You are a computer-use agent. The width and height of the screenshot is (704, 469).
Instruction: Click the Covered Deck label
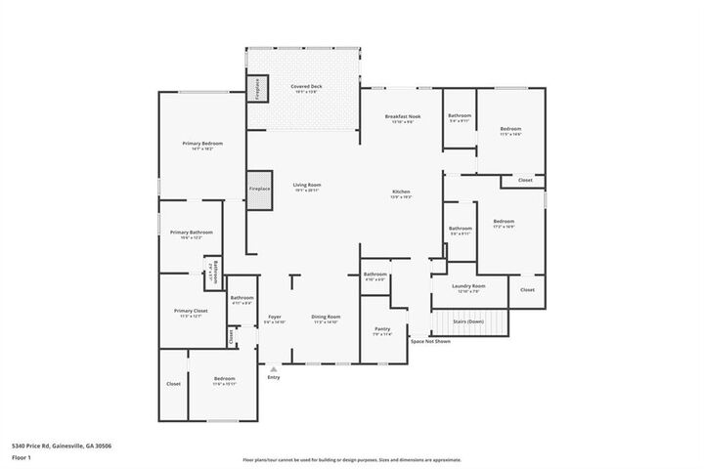(306, 88)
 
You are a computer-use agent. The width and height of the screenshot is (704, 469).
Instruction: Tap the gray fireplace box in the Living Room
(259, 190)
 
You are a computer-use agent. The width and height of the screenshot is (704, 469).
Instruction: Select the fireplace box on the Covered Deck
(257, 88)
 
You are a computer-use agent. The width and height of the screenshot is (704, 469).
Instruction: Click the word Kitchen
(401, 192)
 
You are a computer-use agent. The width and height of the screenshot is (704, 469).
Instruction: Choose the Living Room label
(307, 185)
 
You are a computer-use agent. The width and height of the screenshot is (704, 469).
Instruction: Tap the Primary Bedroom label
(198, 144)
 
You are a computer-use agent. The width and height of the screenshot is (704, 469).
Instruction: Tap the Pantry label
(382, 329)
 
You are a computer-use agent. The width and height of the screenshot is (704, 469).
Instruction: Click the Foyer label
(275, 317)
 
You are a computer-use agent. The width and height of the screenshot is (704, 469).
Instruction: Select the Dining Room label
(326, 317)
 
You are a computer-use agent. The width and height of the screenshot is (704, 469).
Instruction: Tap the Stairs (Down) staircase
(470, 321)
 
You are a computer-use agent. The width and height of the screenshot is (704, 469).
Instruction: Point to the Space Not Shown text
(430, 341)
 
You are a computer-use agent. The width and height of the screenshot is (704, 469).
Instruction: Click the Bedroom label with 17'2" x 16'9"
(504, 222)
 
